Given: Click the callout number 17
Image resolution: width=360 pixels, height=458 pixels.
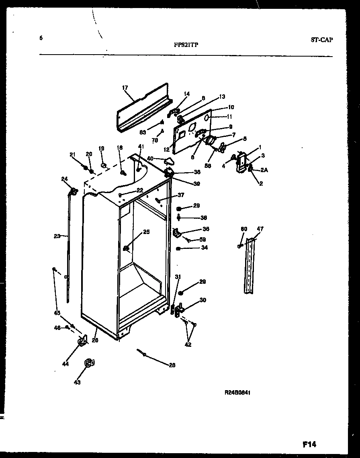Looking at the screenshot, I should pyautogui.click(x=125, y=87).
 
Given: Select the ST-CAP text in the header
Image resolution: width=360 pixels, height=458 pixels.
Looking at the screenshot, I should pyautogui.click(x=322, y=40).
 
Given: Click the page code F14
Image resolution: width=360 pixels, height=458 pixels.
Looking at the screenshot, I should pyautogui.click(x=309, y=444).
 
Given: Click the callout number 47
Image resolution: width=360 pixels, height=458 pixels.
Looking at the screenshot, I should pyautogui.click(x=260, y=229).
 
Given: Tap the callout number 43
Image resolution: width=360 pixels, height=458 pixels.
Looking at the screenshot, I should pyautogui.click(x=77, y=382).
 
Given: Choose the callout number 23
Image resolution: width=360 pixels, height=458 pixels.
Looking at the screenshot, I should pyautogui.click(x=57, y=236).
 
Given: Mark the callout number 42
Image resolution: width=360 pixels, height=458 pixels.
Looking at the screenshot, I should pyautogui.click(x=188, y=344).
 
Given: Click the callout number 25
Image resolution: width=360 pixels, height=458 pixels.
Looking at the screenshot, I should pyautogui.click(x=146, y=232).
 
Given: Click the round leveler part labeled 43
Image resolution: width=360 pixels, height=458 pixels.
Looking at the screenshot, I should pyautogui.click(x=89, y=364).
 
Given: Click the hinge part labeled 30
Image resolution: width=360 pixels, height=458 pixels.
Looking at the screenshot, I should pyautogui.click(x=180, y=309).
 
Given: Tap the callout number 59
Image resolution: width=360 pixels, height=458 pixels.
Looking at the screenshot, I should pyautogui.click(x=203, y=240).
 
